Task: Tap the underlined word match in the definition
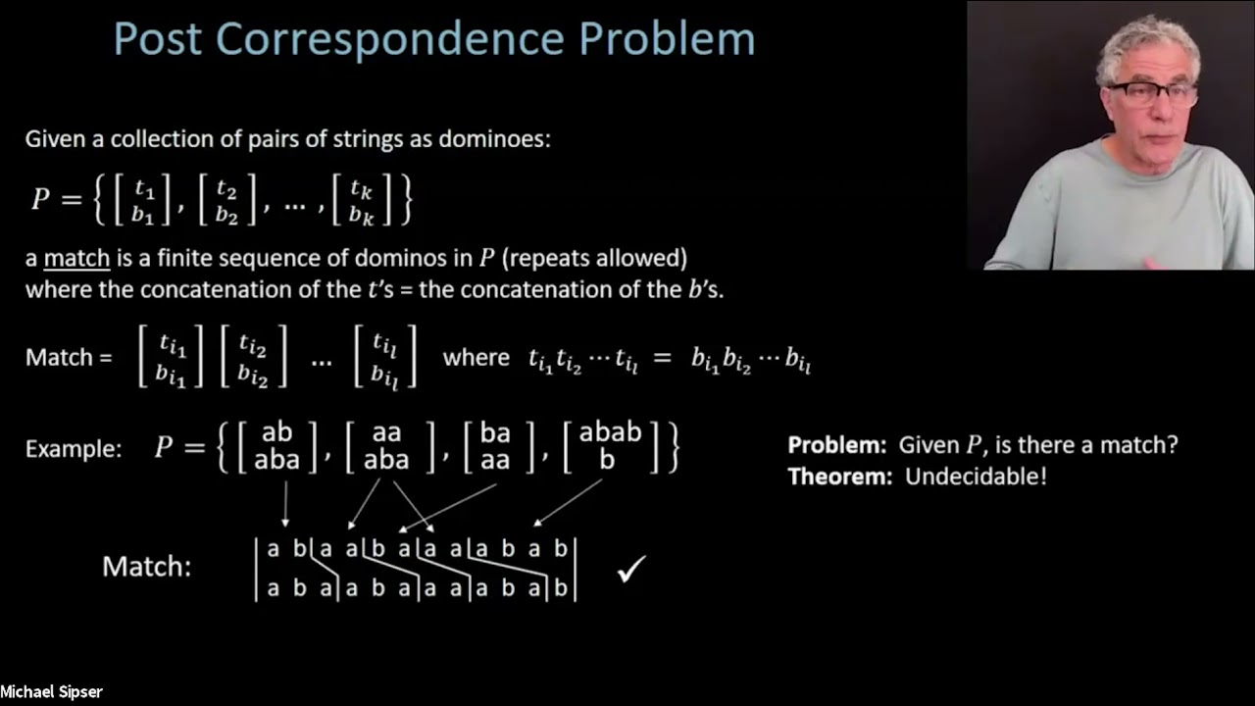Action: [76, 259]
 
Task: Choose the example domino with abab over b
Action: [610, 446]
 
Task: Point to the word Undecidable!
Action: [976, 478]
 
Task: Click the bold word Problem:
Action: [837, 445]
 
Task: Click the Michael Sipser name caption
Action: [51, 692]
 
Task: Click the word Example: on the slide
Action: [74, 448]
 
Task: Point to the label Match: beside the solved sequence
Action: [146, 567]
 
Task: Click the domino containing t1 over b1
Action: [144, 199]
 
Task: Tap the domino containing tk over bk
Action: [361, 199]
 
